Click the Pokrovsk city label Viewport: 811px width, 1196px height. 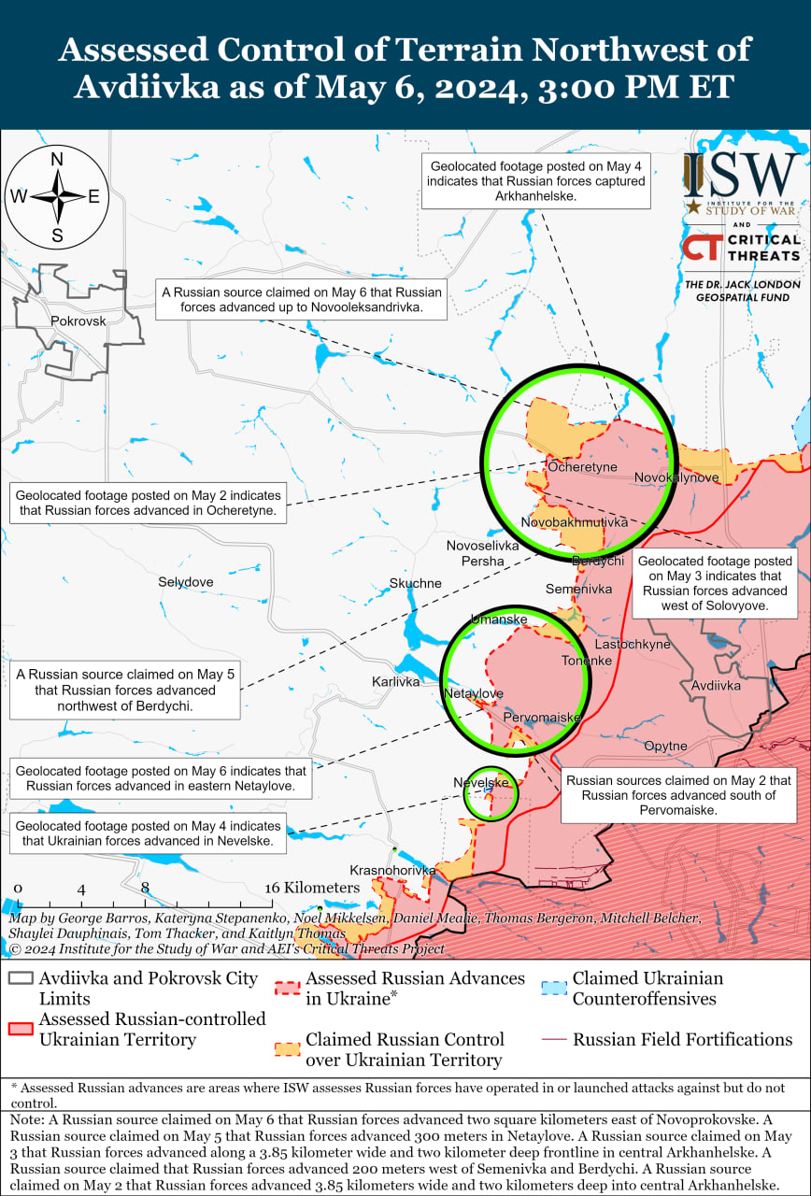pos(78,320)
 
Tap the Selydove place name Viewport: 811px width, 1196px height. pos(185,582)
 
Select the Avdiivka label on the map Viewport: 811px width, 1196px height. pos(716,686)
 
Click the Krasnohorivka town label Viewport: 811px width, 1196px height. pos(392,870)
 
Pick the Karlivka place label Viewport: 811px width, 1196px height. pos(395,681)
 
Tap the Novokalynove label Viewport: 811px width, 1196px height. pos(676,477)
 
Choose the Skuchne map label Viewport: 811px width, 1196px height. pos(415,584)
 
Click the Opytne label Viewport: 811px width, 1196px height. pos(665,747)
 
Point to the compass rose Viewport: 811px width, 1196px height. pos(57,197)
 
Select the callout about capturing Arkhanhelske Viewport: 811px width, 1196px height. pos(535,181)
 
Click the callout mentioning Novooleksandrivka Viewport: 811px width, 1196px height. pos(299,299)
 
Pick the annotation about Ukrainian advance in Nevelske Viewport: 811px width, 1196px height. pos(149,833)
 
